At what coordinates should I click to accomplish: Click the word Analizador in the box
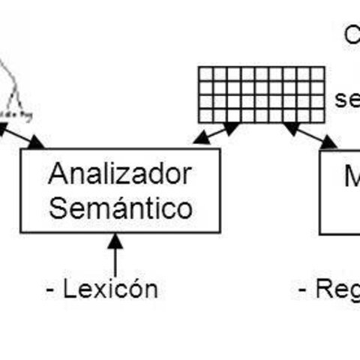[x=120, y=174]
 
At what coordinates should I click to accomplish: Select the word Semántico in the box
[x=120, y=207]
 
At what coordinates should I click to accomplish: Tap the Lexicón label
[x=111, y=289]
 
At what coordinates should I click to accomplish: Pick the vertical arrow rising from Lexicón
[x=115, y=255]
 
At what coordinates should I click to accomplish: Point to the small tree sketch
[x=13, y=94]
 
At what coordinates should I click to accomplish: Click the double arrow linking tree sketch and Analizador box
[x=22, y=136]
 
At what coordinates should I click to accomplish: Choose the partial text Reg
[x=337, y=289]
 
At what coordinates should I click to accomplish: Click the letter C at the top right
[x=351, y=34]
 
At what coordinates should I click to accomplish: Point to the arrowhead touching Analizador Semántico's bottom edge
[x=115, y=238]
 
